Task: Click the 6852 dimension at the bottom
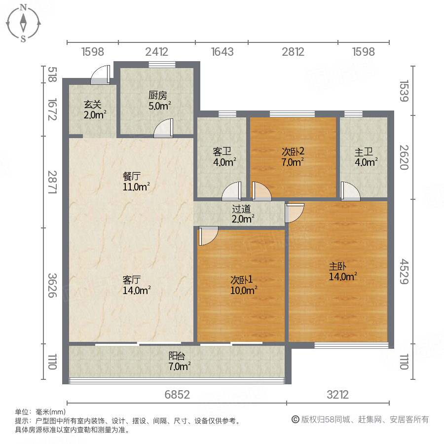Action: point(177,395)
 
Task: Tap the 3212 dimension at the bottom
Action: point(337,395)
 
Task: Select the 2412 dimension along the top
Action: point(156,51)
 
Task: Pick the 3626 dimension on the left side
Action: point(52,285)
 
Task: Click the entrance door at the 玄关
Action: point(100,75)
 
